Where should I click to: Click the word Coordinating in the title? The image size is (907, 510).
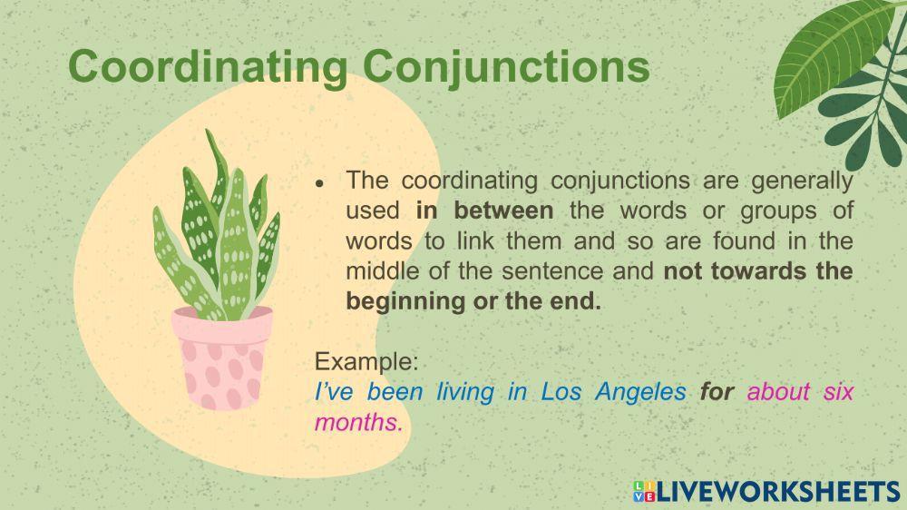tap(206, 66)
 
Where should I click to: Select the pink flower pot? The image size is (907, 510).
tap(222, 357)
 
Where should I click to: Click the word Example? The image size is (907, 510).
tap(366, 361)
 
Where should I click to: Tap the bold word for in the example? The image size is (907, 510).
tap(717, 392)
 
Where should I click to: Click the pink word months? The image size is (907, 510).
tap(358, 422)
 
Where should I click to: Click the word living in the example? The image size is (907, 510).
tap(464, 392)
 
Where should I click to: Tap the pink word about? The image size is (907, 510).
tap(780, 392)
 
